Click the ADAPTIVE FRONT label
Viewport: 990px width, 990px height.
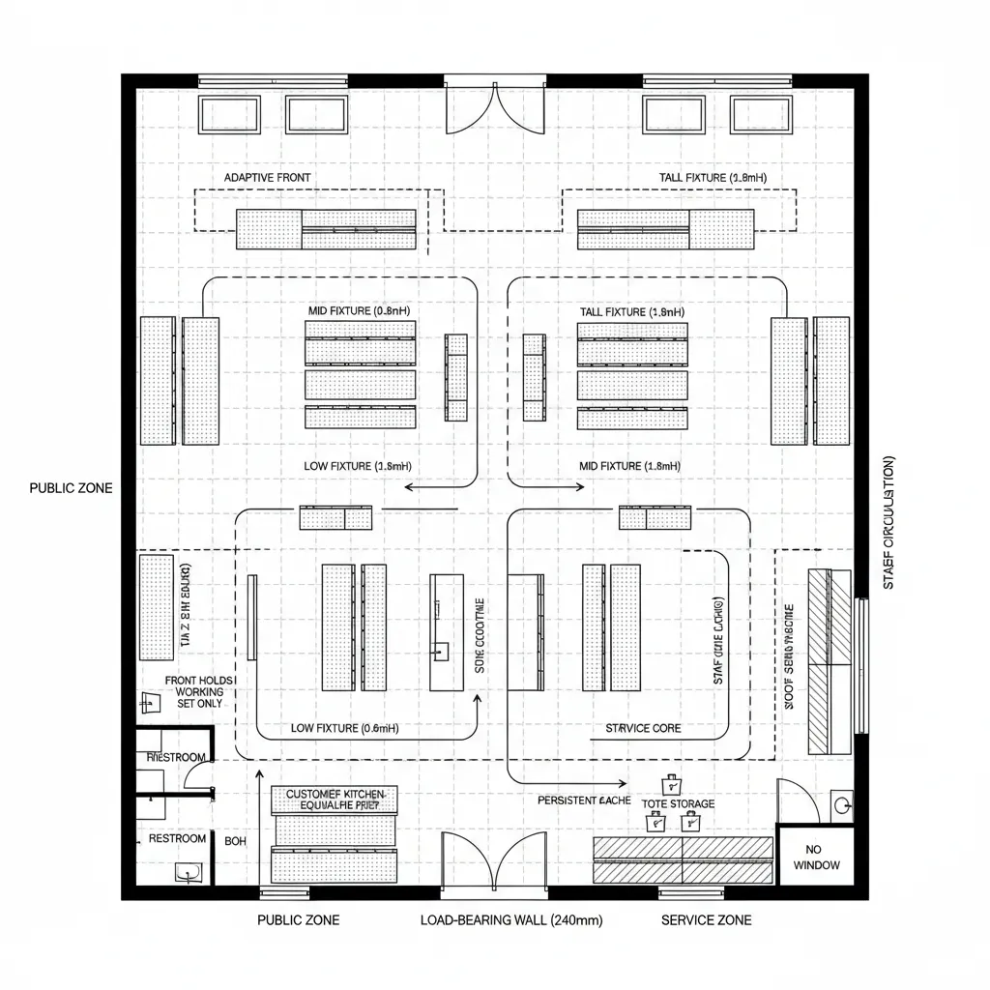coord(267,178)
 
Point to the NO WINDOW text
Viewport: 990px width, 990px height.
coord(816,857)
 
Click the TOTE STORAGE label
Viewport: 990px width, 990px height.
coord(678,803)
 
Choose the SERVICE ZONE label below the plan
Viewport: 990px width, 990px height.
coord(706,920)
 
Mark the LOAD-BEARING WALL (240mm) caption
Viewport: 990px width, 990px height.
coord(510,920)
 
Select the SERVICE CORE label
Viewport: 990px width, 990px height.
coord(643,728)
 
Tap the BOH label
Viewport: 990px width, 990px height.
coord(236,841)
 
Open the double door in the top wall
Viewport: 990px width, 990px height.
coord(495,108)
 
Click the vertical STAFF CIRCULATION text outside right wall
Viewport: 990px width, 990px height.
coord(888,522)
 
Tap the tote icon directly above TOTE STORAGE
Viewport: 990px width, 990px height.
coord(669,783)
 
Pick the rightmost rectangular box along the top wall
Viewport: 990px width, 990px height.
coord(761,115)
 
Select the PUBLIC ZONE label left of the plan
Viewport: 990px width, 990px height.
coord(71,488)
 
